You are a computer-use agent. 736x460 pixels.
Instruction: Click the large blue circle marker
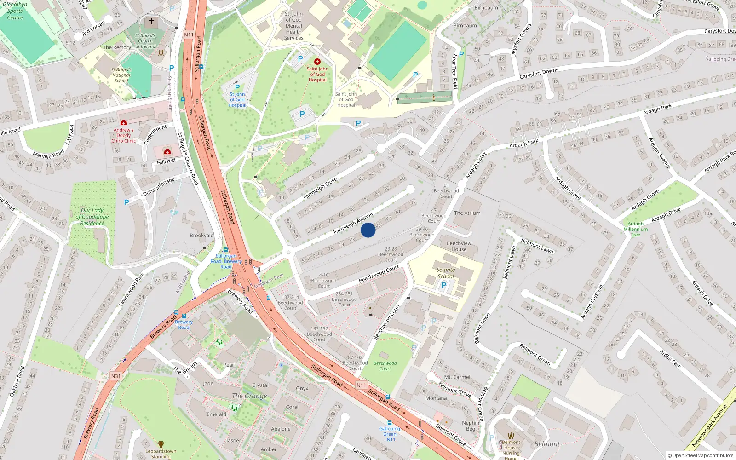pyautogui.click(x=368, y=230)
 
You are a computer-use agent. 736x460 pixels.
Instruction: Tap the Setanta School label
pyautogui.click(x=445, y=273)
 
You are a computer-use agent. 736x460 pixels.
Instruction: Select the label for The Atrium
pyautogui.click(x=467, y=213)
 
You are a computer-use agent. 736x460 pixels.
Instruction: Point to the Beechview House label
pyautogui.click(x=459, y=246)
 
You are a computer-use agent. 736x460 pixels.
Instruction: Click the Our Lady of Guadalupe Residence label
pyautogui.click(x=92, y=217)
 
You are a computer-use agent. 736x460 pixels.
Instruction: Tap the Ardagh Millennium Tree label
pyautogui.click(x=635, y=229)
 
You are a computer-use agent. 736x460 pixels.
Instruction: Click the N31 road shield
pyautogui.click(x=115, y=376)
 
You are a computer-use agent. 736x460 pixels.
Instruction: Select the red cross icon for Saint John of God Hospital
pyautogui.click(x=317, y=62)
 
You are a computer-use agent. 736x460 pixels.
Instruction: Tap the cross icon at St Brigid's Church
pyautogui.click(x=151, y=22)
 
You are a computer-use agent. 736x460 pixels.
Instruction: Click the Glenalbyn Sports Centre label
pyautogui.click(x=15, y=11)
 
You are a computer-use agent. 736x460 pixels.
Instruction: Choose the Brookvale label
pyautogui.click(x=201, y=235)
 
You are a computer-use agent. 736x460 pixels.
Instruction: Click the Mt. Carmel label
pyautogui.click(x=457, y=377)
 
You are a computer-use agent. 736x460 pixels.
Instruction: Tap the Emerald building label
pyautogui.click(x=216, y=414)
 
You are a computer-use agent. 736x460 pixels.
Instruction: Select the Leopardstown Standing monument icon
pyautogui.click(x=161, y=444)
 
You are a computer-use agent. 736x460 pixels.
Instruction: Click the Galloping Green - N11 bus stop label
pyautogui.click(x=390, y=434)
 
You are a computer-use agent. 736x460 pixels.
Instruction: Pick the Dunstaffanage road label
pyautogui.click(x=159, y=187)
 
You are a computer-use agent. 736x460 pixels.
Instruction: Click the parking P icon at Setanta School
pyautogui.click(x=443, y=285)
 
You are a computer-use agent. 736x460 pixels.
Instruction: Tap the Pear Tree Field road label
pyautogui.click(x=455, y=71)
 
